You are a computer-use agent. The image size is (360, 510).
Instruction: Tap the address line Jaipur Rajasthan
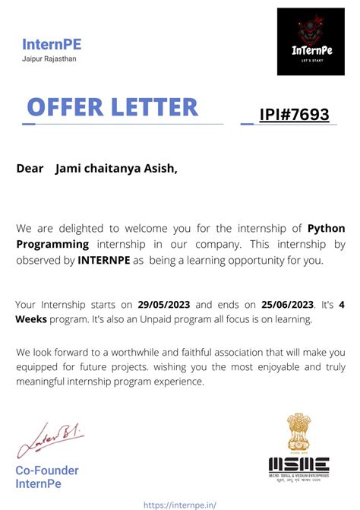coord(49,59)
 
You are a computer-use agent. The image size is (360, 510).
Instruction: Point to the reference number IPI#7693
coord(294,115)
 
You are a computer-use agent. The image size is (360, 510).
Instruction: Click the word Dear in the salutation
coord(30,169)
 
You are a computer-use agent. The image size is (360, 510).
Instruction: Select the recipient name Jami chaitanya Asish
coord(115,169)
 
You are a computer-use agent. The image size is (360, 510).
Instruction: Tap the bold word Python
coord(327,228)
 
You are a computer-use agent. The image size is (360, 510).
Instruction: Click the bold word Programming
coord(52,244)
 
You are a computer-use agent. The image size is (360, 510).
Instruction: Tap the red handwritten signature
coord(50,440)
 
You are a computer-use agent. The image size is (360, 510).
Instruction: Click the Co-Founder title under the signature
coord(47,470)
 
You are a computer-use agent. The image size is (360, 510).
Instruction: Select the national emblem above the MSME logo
coord(298,433)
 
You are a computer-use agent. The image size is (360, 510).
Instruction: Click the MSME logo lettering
coord(298,464)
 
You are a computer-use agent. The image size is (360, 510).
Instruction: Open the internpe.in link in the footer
coord(180,503)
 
